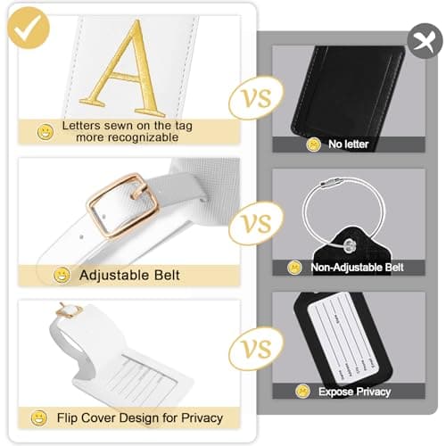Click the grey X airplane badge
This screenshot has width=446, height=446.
click(x=420, y=40)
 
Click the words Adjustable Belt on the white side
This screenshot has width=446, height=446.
click(x=129, y=276)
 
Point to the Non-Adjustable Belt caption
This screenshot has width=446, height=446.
click(x=357, y=267)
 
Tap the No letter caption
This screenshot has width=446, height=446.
click(x=347, y=144)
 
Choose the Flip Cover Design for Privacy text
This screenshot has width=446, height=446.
click(x=139, y=417)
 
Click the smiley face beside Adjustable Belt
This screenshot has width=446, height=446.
click(x=62, y=276)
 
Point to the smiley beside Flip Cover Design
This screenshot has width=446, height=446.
click(x=39, y=417)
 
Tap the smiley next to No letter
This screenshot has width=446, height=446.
click(x=314, y=144)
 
